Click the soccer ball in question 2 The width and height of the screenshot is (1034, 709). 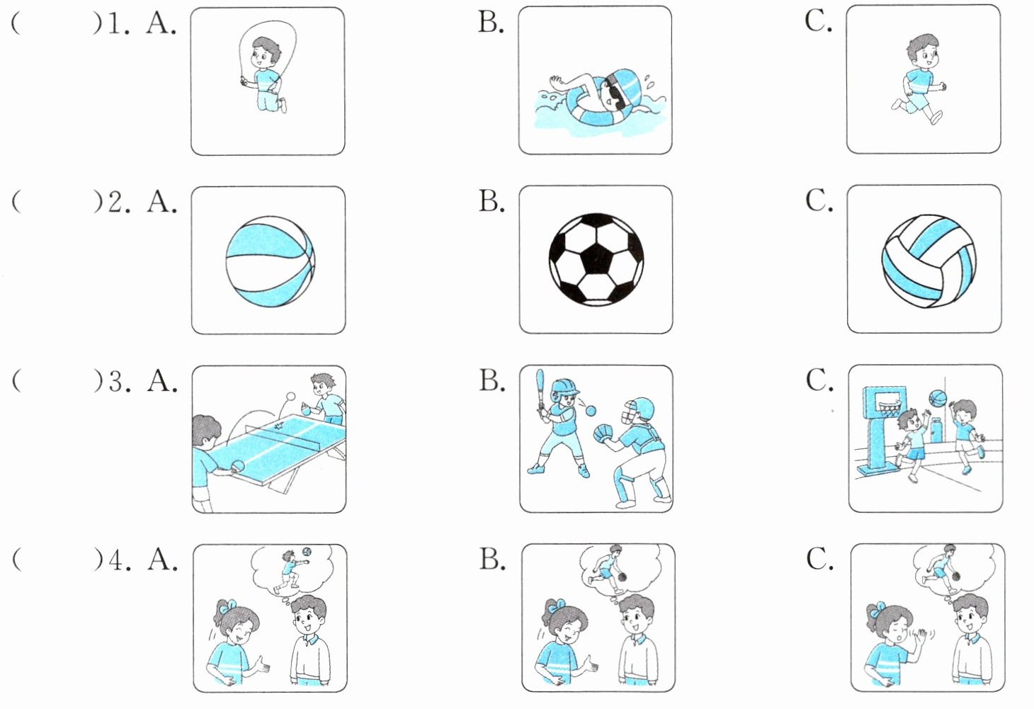tap(596, 259)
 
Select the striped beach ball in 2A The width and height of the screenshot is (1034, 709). tap(269, 261)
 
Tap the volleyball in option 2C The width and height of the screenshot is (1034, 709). tap(928, 261)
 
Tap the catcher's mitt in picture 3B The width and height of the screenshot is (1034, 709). tap(603, 432)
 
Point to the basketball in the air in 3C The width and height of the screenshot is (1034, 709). tap(937, 398)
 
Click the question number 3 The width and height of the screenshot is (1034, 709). tap(117, 382)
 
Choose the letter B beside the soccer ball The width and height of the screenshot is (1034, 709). tap(491, 201)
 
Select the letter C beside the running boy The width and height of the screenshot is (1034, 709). tap(817, 21)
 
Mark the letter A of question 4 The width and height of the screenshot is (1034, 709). tap(161, 560)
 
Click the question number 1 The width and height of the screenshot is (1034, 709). tap(115, 23)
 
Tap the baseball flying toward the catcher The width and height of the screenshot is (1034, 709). tap(591, 411)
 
